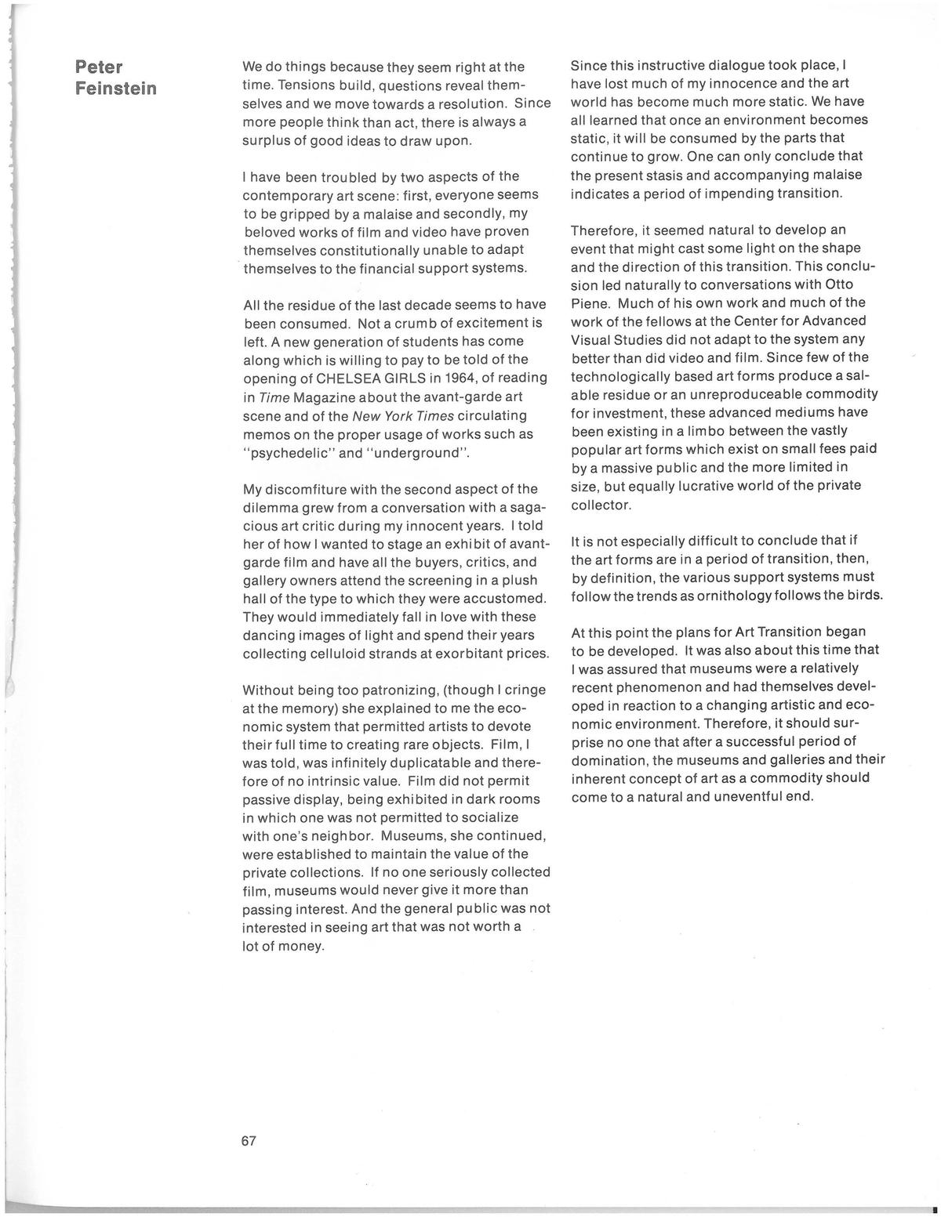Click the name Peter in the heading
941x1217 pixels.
tap(100, 67)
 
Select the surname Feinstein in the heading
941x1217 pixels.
tap(116, 88)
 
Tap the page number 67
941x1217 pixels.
tap(249, 1141)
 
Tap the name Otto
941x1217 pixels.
tap(837, 284)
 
